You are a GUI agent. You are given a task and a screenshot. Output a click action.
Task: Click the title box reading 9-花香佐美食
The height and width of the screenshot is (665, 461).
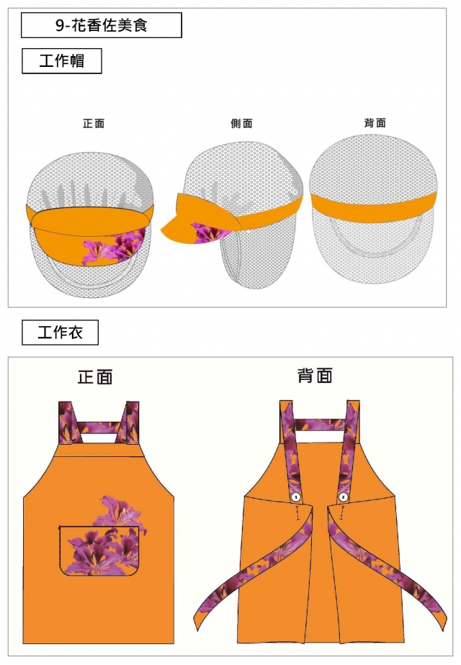pos(102,26)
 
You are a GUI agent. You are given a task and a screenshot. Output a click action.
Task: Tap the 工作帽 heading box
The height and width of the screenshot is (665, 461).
pos(61,61)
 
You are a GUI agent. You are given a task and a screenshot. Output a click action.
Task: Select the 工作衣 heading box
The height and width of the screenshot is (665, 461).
pos(60,332)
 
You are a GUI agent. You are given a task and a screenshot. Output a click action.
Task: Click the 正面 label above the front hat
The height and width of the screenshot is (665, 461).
pos(94,124)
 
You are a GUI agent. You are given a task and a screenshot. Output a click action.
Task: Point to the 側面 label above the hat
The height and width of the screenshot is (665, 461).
pos(241,124)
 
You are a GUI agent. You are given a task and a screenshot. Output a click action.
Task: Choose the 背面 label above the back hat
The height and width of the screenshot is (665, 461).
pos(375,123)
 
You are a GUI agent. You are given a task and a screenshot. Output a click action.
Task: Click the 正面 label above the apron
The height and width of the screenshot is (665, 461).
pos(95,377)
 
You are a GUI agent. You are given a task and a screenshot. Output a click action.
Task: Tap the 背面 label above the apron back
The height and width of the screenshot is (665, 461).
pos(315,376)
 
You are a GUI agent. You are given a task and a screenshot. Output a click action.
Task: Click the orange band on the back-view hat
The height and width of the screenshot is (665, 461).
pos(374,202)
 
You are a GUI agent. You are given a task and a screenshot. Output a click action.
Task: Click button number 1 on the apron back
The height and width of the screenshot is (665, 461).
pos(295,497)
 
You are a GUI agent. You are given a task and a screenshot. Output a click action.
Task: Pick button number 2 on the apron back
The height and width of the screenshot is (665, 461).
pos(343,497)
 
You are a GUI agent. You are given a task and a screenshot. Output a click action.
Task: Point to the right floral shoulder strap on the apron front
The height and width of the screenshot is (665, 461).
pos(131,423)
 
